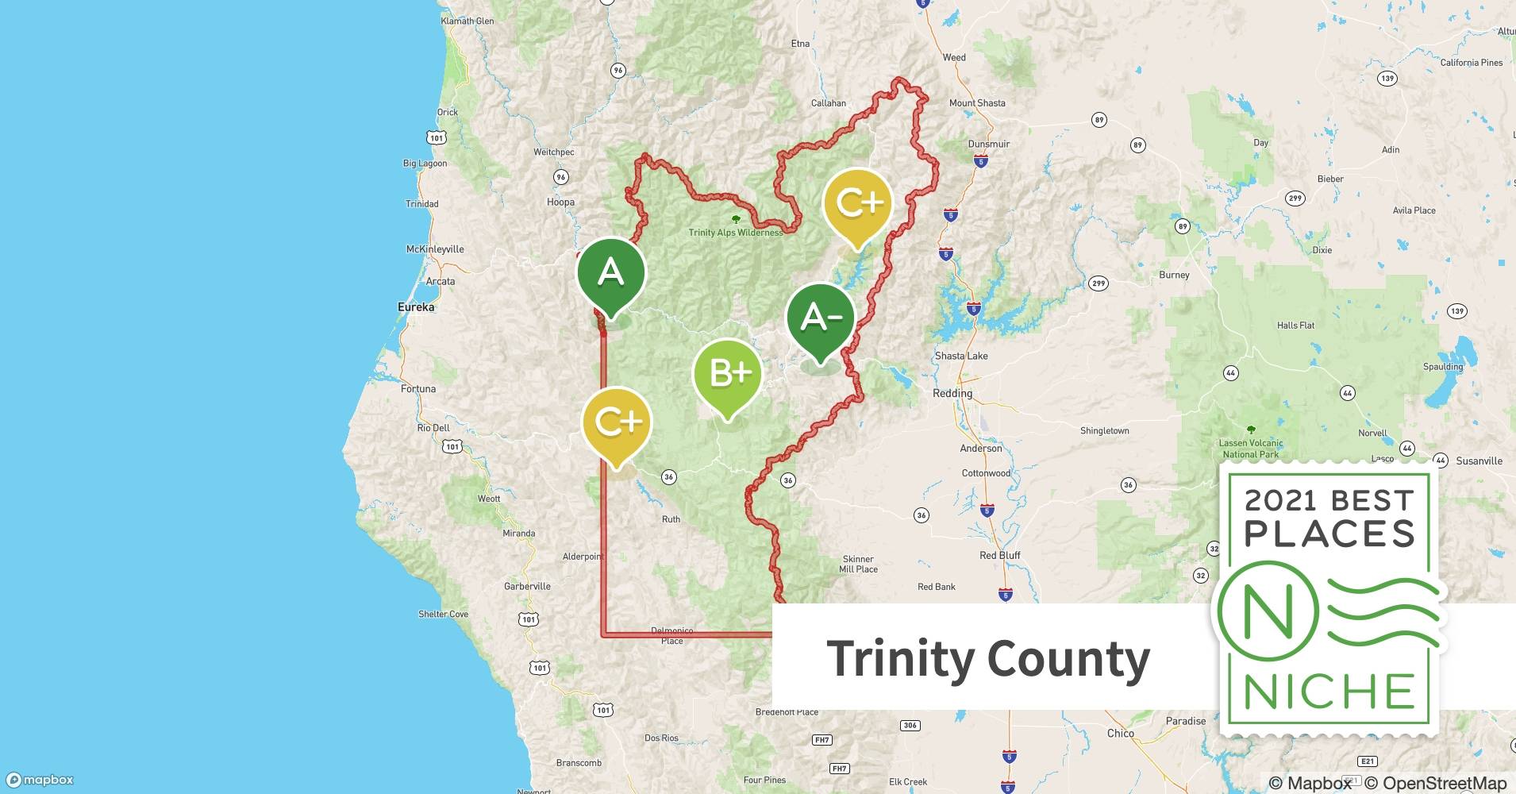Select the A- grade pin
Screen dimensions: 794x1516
point(820,318)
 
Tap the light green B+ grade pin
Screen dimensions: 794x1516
point(727,373)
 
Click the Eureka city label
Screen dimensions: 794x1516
point(416,307)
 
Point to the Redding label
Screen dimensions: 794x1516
point(952,393)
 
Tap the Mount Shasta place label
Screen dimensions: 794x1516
point(977,103)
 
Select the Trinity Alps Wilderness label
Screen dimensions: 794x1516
point(735,233)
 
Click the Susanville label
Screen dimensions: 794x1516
point(1479,461)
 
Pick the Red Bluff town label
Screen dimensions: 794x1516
point(999,555)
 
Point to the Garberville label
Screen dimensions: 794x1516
point(527,586)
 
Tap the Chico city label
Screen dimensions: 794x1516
point(1120,733)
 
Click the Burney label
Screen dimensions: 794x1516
point(1174,275)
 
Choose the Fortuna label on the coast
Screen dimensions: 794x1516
point(418,389)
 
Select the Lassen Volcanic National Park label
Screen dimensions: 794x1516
point(1251,449)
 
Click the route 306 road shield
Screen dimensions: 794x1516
point(910,725)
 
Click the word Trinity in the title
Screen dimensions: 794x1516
point(900,659)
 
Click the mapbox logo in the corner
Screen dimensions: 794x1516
point(40,780)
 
